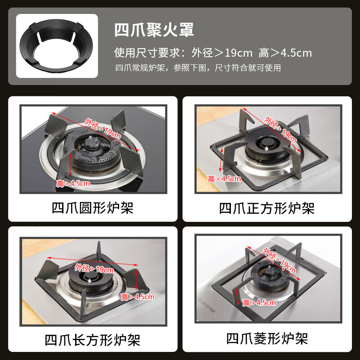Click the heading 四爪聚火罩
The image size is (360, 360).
pos(154,30)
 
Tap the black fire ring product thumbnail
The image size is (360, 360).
pos(57,45)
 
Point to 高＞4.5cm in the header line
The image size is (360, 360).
pos(285,53)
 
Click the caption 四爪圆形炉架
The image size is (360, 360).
pos(93,208)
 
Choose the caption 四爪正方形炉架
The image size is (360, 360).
pos(267,208)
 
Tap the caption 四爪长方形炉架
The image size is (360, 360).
pos(93,339)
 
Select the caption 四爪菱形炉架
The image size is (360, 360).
pos(267,338)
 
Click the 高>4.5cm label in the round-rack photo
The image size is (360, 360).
pos(73,183)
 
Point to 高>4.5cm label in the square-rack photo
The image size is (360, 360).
pos(225,179)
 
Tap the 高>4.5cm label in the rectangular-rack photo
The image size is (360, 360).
pos(138,297)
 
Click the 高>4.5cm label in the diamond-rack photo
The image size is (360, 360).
pos(259,302)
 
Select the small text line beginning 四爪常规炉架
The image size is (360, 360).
pos(198,68)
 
